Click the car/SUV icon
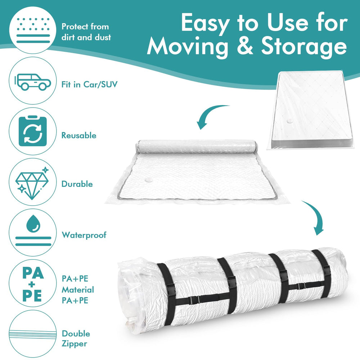click(33, 82)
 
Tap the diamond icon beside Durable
click(32, 183)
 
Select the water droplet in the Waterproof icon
click(33, 224)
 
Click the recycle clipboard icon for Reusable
click(33, 131)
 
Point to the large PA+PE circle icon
click(33, 283)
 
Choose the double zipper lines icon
click(33, 334)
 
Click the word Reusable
click(79, 135)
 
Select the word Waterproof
click(84, 235)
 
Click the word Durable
click(77, 184)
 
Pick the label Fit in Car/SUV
click(89, 85)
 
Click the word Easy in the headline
click(205, 23)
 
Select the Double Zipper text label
click(76, 339)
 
